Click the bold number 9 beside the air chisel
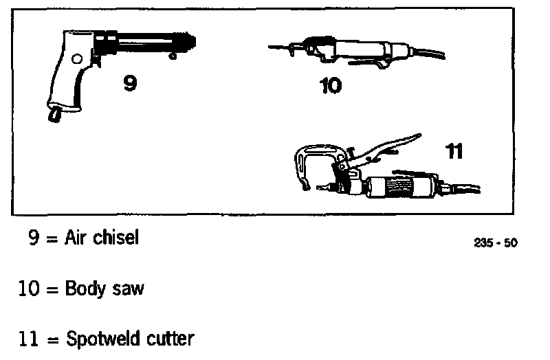(x=129, y=82)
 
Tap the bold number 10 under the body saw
(x=331, y=87)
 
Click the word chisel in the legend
(x=115, y=238)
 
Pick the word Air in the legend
(x=76, y=238)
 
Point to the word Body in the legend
(x=83, y=288)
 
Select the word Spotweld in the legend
(x=100, y=338)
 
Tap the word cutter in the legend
(x=168, y=338)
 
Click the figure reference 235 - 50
(x=496, y=243)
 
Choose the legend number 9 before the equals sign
(x=32, y=238)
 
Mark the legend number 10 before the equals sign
(x=29, y=288)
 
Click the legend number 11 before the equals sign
(x=29, y=338)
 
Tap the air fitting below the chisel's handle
(x=54, y=113)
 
